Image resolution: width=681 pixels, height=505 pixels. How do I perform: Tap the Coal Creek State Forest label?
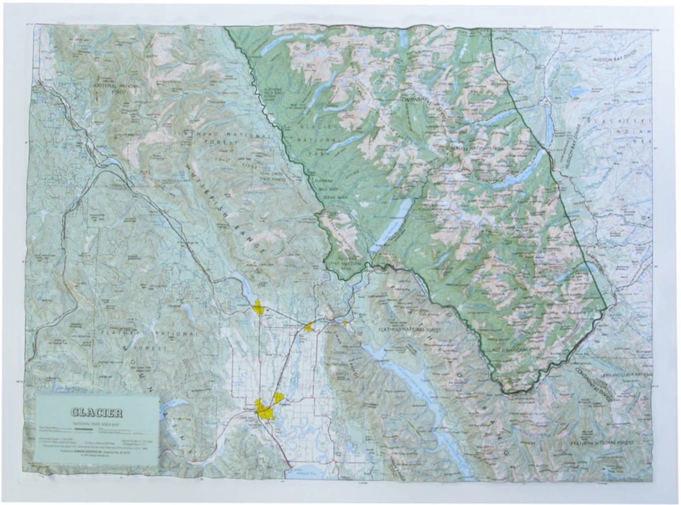pos(272,176)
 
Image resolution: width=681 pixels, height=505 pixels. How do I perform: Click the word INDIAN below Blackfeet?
pos(637,132)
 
